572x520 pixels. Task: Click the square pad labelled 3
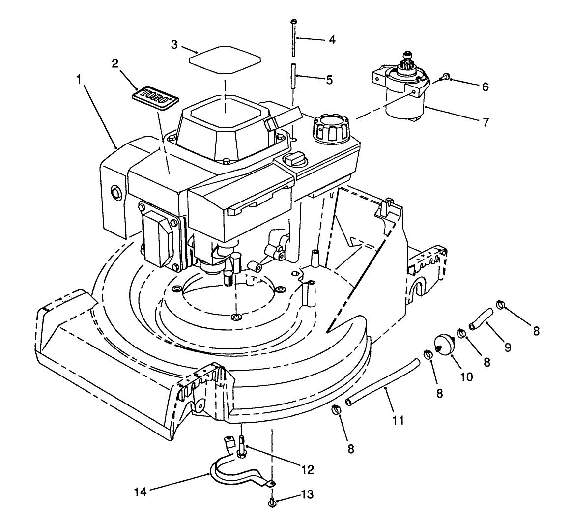(x=224, y=58)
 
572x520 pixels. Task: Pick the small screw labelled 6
(x=445, y=77)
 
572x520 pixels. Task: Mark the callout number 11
(x=398, y=420)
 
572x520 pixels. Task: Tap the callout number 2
(x=115, y=63)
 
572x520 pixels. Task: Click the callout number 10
(x=466, y=377)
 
